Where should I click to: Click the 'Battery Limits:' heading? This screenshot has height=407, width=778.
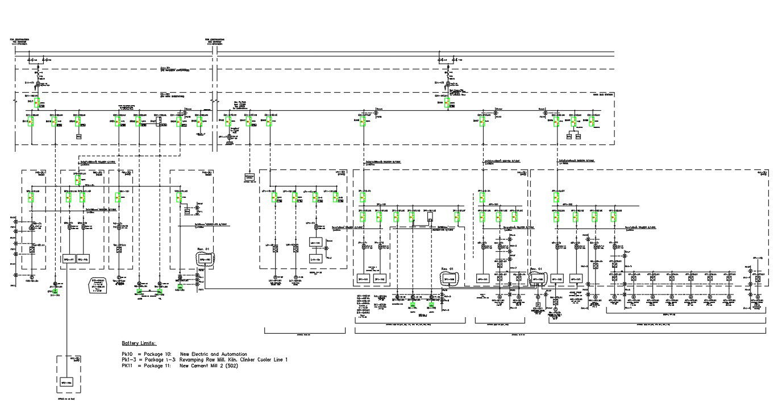click(x=139, y=343)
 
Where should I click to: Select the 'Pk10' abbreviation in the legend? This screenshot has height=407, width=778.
click(x=128, y=354)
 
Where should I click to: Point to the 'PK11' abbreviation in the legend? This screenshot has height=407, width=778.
click(x=128, y=366)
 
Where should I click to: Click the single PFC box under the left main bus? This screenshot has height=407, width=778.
click(x=79, y=136)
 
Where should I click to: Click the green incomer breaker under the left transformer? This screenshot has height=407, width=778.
click(x=36, y=103)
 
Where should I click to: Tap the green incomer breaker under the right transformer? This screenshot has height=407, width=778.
click(x=447, y=102)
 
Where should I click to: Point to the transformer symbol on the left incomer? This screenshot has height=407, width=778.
click(x=38, y=84)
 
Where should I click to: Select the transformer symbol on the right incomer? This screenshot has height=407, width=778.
click(x=447, y=85)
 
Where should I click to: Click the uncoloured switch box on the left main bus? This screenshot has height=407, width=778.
click(x=159, y=122)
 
